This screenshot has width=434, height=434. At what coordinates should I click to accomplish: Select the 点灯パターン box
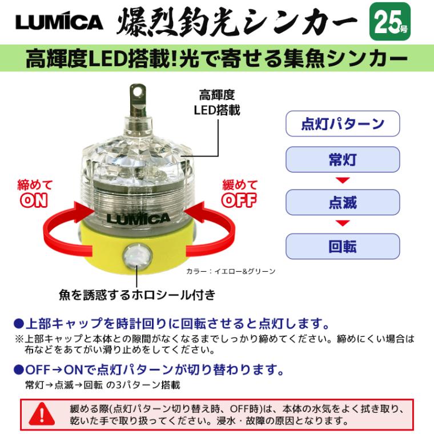click(x=342, y=124)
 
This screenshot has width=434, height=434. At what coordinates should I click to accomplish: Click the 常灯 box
click(x=342, y=160)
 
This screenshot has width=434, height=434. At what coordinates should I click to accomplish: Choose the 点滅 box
click(x=342, y=202)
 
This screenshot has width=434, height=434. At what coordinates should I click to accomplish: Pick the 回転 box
click(x=342, y=246)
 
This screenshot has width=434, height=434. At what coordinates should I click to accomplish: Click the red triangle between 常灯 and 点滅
click(x=342, y=181)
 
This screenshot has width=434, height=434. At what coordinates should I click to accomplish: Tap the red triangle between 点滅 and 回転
click(x=342, y=223)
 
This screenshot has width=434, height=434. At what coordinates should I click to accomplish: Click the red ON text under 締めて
click(x=34, y=200)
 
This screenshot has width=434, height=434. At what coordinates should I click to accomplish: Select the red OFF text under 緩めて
click(x=239, y=200)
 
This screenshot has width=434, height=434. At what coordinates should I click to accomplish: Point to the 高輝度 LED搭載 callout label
click(x=216, y=102)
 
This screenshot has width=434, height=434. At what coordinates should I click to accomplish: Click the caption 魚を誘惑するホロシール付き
click(x=137, y=295)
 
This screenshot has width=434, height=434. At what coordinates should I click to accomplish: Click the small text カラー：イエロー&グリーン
click(x=231, y=271)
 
